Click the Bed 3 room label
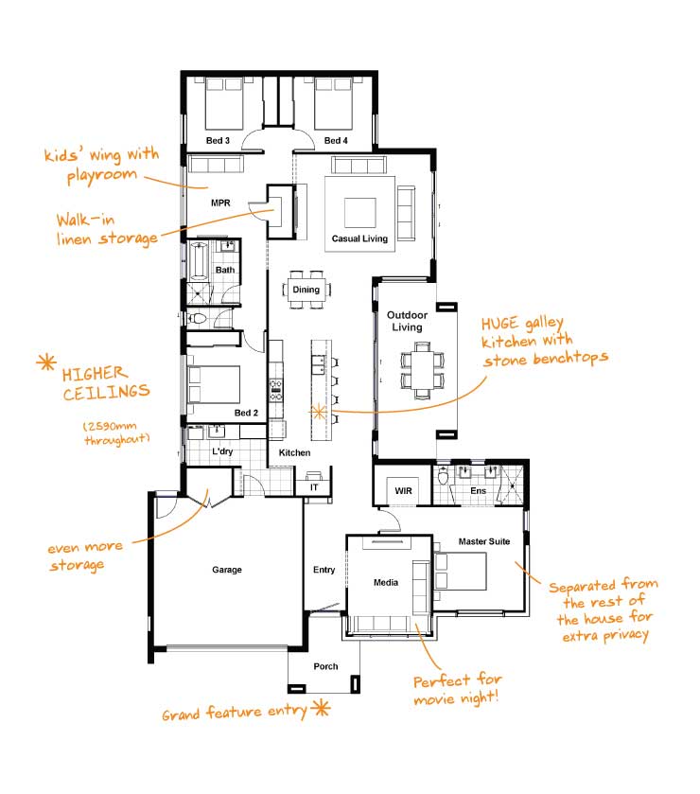(218, 140)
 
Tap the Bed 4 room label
(336, 140)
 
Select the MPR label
(220, 203)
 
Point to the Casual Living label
(359, 238)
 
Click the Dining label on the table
(306, 290)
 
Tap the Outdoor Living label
(407, 321)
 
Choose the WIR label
(403, 490)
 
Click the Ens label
(478, 490)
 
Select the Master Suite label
(484, 541)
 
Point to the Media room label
(386, 582)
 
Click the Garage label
(227, 570)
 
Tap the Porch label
(325, 666)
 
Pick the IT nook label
(314, 487)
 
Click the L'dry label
(222, 451)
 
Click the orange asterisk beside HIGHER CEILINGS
(46, 362)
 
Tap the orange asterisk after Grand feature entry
(321, 708)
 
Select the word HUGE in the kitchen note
(499, 324)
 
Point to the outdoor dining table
(422, 371)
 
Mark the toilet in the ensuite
(444, 477)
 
